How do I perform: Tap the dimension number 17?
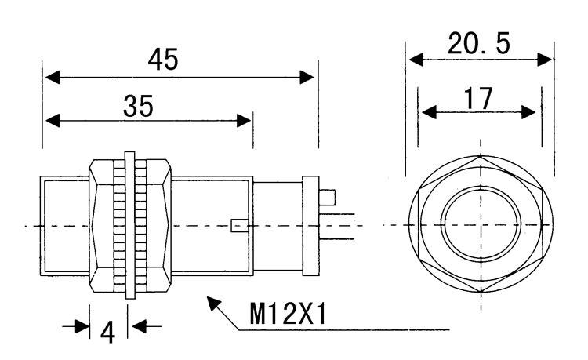click(x=477, y=97)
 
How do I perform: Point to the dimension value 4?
click(x=107, y=332)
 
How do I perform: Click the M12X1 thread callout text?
click(x=288, y=315)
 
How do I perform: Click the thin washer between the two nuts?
click(x=129, y=225)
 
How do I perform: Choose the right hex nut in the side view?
click(x=154, y=225)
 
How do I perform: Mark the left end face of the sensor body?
click(x=42, y=225)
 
